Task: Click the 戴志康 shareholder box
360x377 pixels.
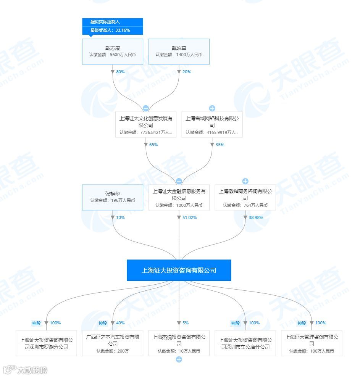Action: click(113, 52)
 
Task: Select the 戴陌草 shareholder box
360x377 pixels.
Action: click(179, 52)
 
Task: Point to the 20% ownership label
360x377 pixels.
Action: click(187, 72)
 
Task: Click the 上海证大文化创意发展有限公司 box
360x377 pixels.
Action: click(145, 125)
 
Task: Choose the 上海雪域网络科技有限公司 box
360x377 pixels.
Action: click(212, 125)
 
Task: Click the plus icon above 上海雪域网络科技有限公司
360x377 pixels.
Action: click(212, 108)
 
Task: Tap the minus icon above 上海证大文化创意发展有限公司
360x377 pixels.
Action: click(145, 108)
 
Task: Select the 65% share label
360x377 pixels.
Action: click(153, 145)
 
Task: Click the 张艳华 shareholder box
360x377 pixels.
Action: click(113, 197)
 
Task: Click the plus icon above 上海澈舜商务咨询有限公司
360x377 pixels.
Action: click(245, 181)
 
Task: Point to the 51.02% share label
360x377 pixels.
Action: click(190, 217)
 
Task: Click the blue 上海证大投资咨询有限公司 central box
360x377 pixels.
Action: click(179, 270)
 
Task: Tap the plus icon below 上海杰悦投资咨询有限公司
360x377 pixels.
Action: click(179, 359)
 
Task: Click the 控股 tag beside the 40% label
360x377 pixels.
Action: click(103, 323)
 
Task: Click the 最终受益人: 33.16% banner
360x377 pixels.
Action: click(113, 30)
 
